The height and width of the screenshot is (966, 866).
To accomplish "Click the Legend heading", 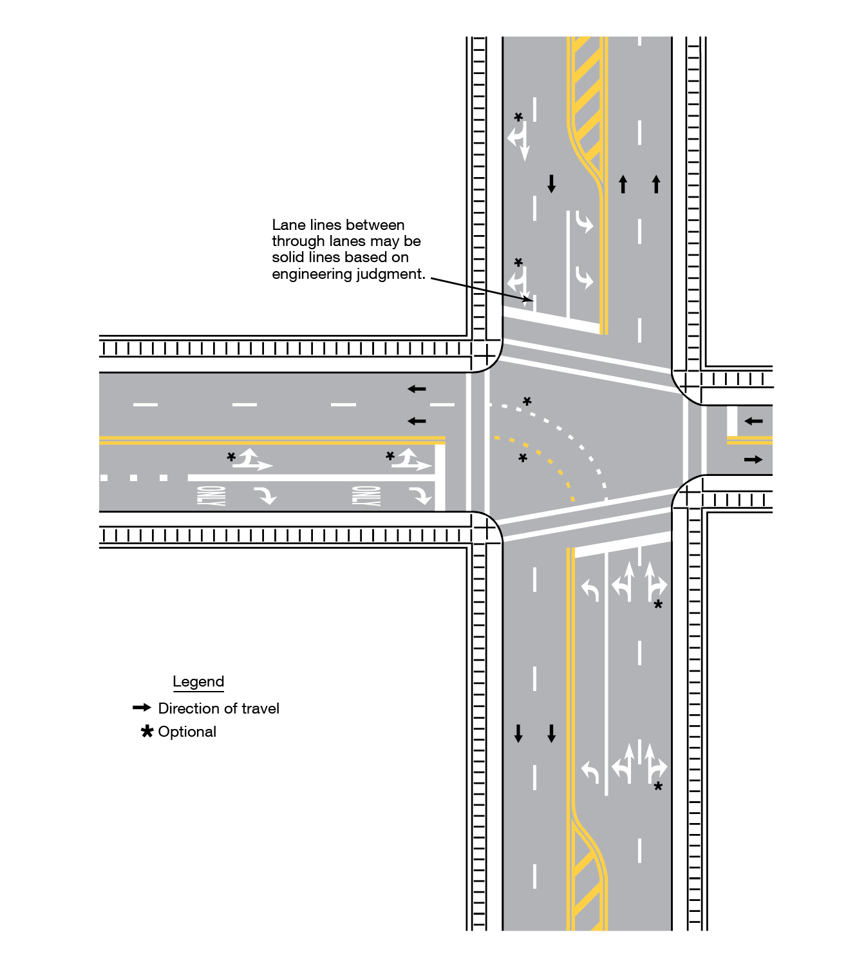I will [x=198, y=681].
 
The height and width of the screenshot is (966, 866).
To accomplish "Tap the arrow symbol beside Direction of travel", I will [x=142, y=708].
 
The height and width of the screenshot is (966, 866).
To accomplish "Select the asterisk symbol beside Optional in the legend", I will [x=147, y=732].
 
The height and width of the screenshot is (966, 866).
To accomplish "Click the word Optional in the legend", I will [x=187, y=732].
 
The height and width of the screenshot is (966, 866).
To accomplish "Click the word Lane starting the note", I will [x=284, y=225].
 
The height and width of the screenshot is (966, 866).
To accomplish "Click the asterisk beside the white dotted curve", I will [x=527, y=401].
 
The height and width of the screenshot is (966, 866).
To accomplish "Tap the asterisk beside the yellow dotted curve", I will [x=523, y=458].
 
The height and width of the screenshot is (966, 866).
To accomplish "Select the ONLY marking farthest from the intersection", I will [x=212, y=496].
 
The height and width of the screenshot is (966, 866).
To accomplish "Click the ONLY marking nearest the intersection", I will [x=366, y=496].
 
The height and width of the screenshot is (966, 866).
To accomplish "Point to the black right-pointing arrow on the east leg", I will [x=753, y=460].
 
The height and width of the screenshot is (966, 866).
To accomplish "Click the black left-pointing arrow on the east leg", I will [x=753, y=421].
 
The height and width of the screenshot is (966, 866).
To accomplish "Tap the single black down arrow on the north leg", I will [x=551, y=184].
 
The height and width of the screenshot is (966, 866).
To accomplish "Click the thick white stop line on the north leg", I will [x=551, y=320].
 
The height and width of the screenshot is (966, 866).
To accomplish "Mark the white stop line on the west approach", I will [x=440, y=477].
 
